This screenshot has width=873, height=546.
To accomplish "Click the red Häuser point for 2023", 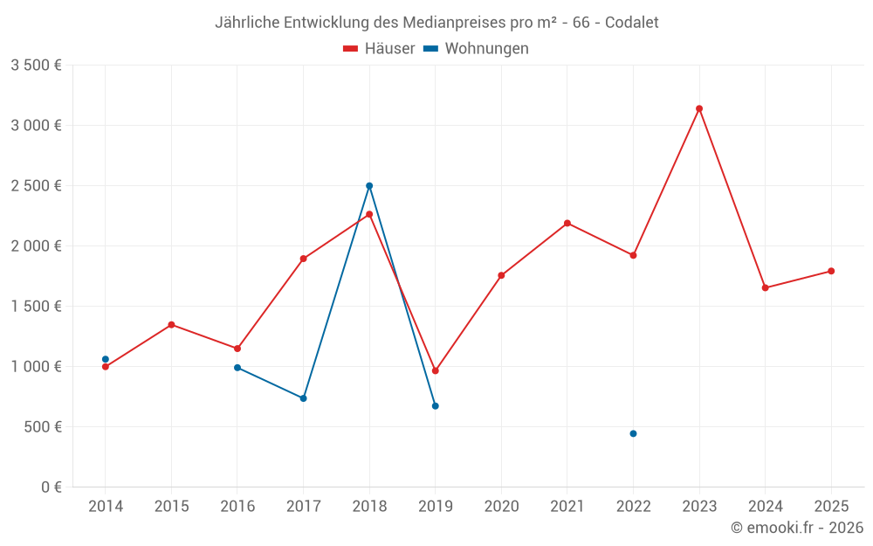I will (x=699, y=108).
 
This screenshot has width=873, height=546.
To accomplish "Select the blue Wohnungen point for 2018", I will (x=369, y=185).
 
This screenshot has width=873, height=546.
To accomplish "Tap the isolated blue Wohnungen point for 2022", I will (x=633, y=433).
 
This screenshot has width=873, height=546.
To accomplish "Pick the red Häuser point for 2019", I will (x=436, y=370).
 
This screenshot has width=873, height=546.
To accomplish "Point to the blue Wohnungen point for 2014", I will (x=106, y=359).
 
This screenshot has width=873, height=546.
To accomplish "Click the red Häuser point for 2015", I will (x=171, y=325).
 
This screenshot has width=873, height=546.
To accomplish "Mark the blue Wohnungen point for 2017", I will (x=303, y=398).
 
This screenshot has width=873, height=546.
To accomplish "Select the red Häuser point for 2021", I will (x=567, y=223).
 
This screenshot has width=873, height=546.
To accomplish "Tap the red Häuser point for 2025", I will (x=831, y=271).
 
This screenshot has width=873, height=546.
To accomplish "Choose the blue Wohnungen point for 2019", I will (x=436, y=405).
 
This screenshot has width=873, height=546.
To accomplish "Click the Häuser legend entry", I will (x=379, y=49).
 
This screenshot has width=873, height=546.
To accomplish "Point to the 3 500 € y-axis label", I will (x=36, y=66).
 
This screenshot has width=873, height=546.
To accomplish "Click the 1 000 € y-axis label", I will (x=36, y=367).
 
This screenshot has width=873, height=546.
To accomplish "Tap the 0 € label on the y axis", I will (x=50, y=487).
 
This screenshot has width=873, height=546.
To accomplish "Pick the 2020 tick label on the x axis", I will (x=501, y=507).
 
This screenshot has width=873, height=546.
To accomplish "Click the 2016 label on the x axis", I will (x=237, y=507).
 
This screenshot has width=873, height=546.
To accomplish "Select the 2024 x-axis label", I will (x=766, y=507).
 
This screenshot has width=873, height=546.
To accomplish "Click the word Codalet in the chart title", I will (x=630, y=22).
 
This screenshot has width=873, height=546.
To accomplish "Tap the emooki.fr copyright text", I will (x=797, y=528).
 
